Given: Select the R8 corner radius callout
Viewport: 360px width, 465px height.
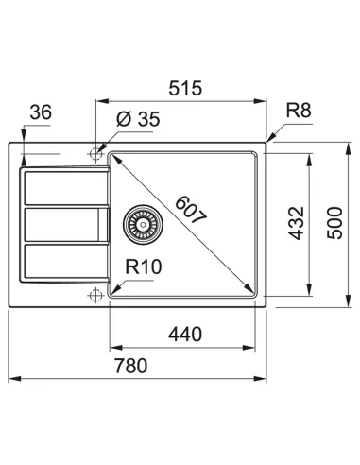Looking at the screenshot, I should pyautogui.click(x=298, y=111).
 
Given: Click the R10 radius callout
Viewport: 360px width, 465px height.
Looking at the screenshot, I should pyautogui.click(x=142, y=267).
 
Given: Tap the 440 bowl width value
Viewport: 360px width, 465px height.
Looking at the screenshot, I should pyautogui.click(x=184, y=333).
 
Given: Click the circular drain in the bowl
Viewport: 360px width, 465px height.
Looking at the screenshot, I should pyautogui.click(x=143, y=222).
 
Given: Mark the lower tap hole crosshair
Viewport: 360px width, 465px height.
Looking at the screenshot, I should pyautogui.click(x=95, y=296).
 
